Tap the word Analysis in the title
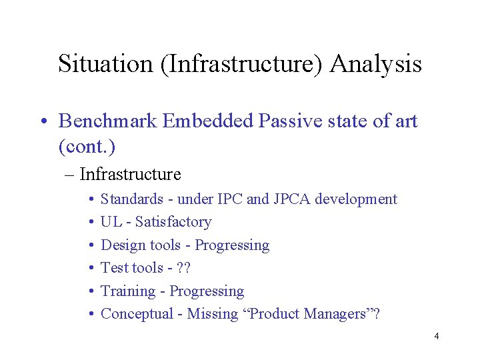tap(376, 64)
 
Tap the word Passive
tap(291, 121)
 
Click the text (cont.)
tap(87, 145)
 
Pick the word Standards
tap(131, 199)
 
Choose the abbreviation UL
tap(109, 222)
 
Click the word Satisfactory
tap(173, 222)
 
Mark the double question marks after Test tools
tap(183, 268)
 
